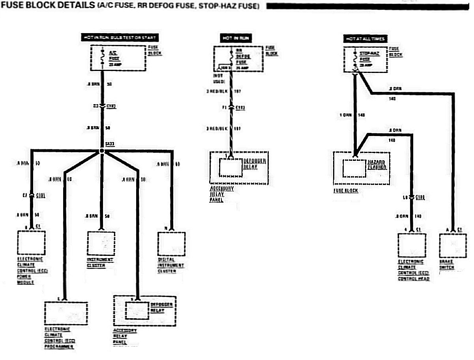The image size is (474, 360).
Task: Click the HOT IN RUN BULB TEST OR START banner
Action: pos(120,38)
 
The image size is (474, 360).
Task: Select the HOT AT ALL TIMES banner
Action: pos(365,39)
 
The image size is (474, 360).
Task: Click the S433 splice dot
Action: pos(102,151)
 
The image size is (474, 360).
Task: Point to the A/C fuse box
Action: pos(119,58)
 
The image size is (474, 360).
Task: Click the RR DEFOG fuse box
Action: pos(238,59)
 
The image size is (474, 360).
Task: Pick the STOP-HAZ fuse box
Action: pos(366,60)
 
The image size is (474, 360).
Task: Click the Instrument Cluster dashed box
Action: pos(101,244)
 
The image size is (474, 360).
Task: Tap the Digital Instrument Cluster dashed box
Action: pos(171,244)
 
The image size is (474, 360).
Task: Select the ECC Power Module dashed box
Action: pos(31,243)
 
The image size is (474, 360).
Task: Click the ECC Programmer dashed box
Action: pos(66,313)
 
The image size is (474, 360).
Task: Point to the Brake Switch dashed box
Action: pos(453,246)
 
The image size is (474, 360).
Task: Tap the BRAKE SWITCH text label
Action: pos(447,265)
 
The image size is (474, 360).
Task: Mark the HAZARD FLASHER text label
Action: pos(377,165)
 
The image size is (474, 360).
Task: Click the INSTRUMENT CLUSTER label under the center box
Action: pos(100,263)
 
